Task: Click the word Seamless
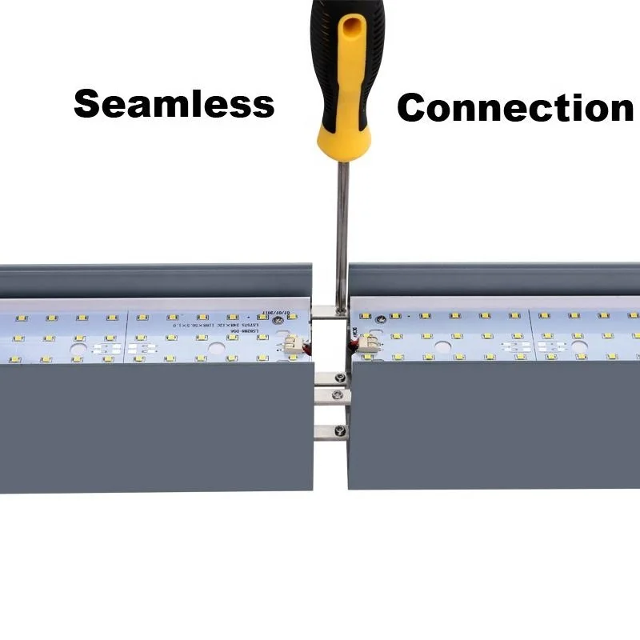click(x=174, y=104)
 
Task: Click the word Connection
click(x=515, y=108)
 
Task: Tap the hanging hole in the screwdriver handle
click(x=350, y=36)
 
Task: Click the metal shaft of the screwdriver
click(x=342, y=224)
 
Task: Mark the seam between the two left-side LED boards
click(x=126, y=336)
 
